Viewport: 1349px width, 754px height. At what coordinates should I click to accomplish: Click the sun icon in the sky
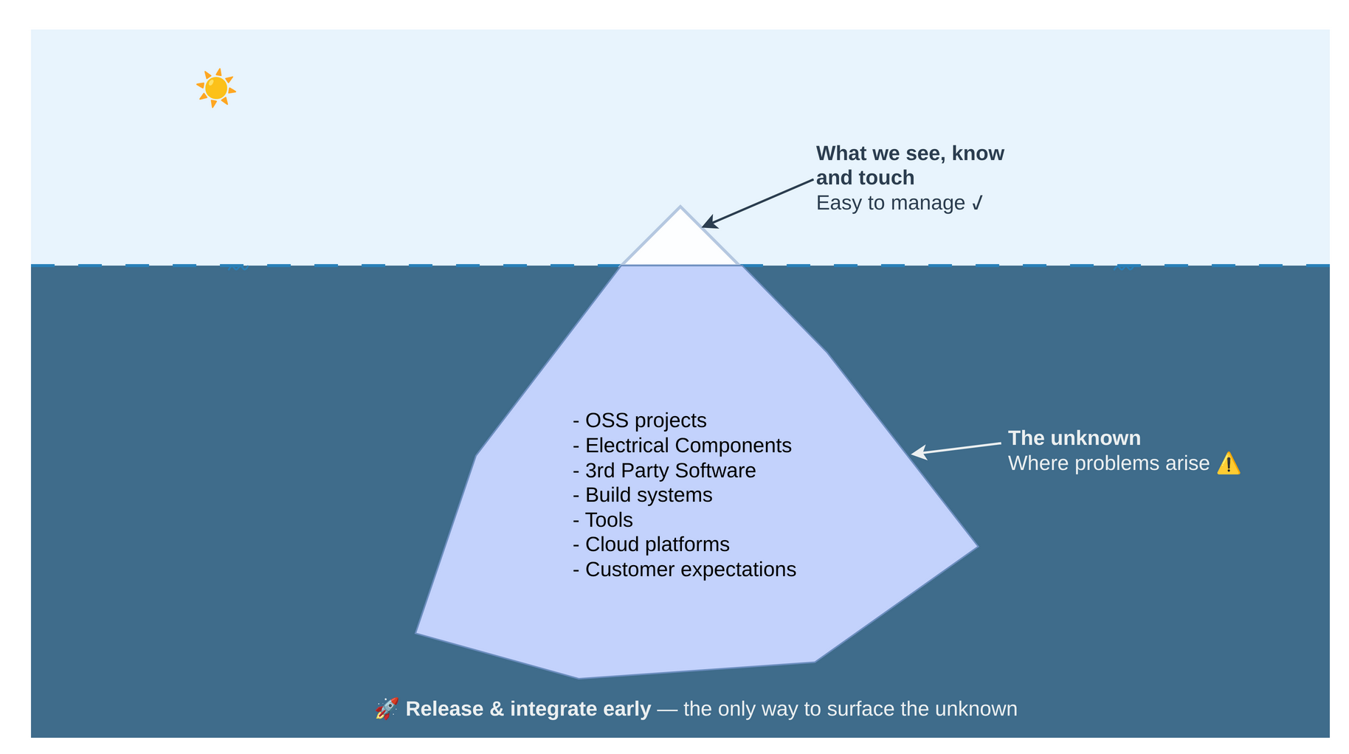(x=215, y=89)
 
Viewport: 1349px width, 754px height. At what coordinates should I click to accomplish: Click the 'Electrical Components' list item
(x=682, y=446)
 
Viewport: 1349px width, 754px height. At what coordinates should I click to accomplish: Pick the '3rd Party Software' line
(x=664, y=471)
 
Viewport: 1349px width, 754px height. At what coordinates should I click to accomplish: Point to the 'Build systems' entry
(x=643, y=495)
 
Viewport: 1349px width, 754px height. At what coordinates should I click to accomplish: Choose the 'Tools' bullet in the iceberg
(x=603, y=520)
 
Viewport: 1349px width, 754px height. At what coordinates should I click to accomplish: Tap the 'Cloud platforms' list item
(x=651, y=544)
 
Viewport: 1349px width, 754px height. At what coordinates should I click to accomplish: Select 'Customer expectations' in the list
(x=684, y=570)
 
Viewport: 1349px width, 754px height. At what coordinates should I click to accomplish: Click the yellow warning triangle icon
(x=1228, y=464)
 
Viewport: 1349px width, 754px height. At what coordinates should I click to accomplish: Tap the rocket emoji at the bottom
(x=387, y=709)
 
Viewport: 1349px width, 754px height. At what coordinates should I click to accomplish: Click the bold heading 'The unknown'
(x=1074, y=438)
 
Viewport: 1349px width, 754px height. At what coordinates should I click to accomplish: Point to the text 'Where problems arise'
(x=1108, y=463)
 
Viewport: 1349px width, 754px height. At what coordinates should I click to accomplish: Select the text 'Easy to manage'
(x=890, y=203)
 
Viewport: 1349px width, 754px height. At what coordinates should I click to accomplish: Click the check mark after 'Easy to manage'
(x=977, y=203)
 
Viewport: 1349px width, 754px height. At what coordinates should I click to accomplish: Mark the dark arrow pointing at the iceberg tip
(x=757, y=203)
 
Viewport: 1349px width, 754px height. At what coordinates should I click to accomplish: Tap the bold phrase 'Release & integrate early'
(x=528, y=709)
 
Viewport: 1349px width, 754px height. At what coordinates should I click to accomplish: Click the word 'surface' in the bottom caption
(x=860, y=709)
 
